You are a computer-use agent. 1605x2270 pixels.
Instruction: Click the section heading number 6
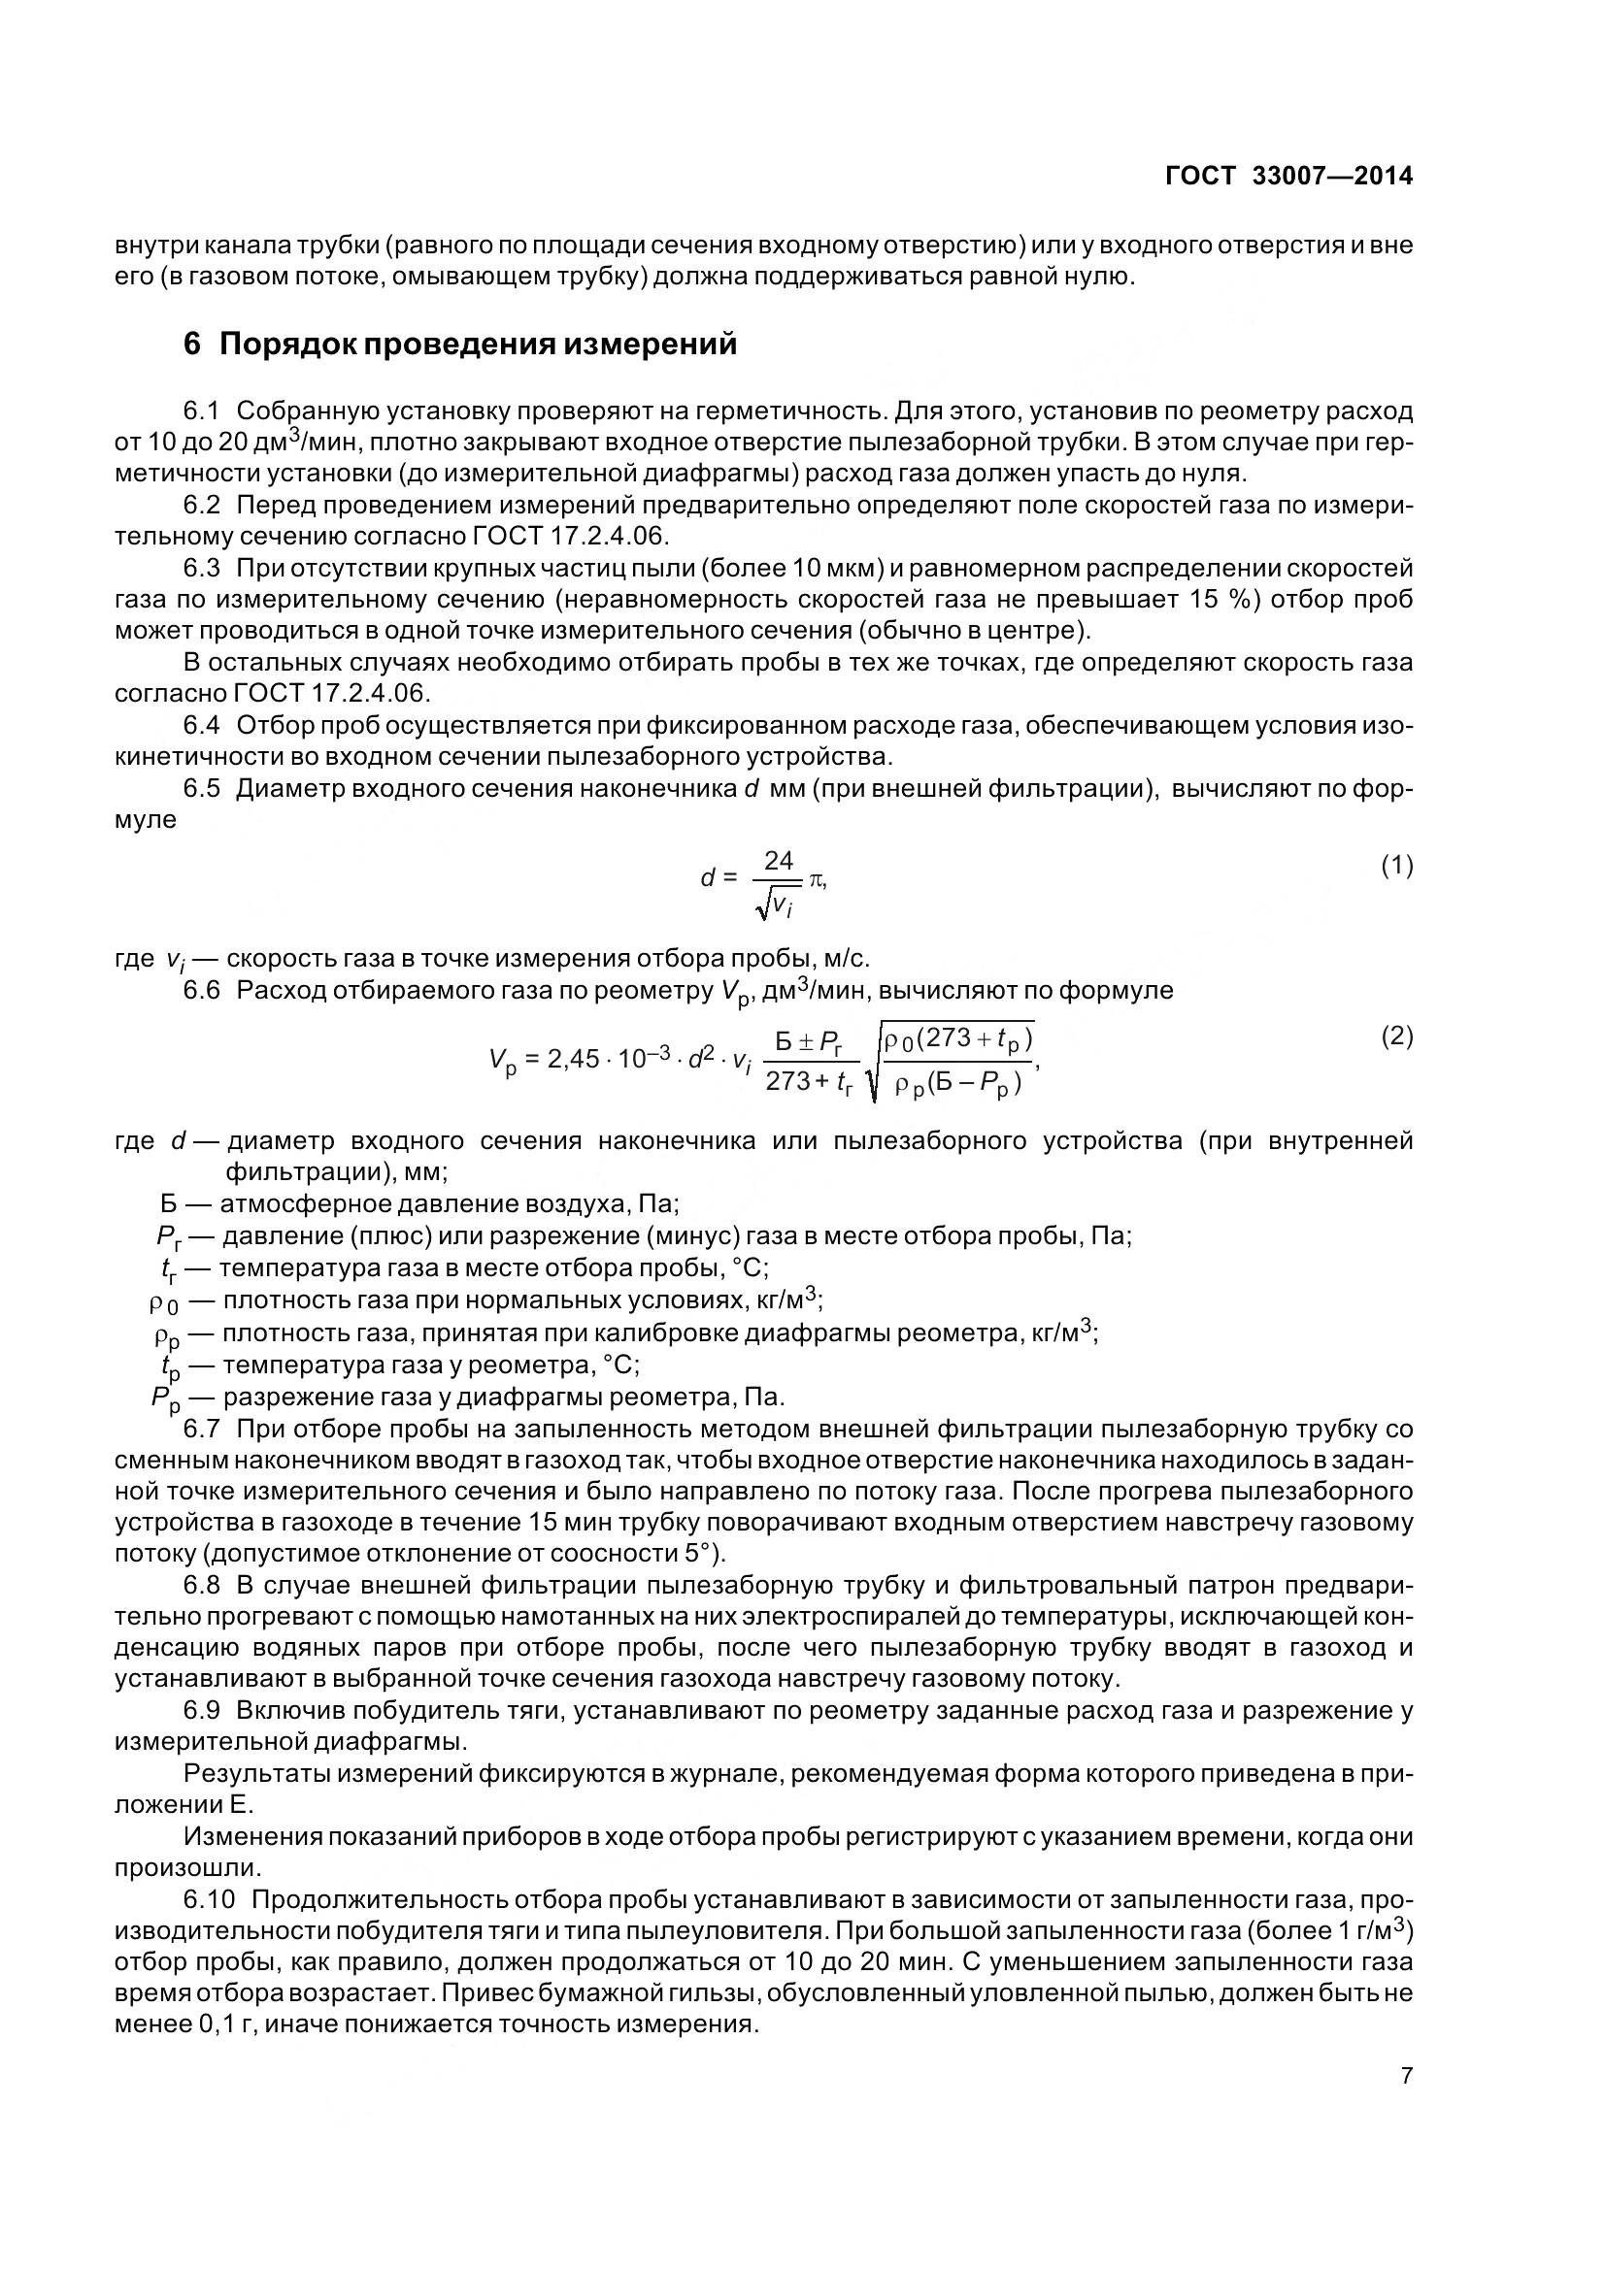pyautogui.click(x=194, y=345)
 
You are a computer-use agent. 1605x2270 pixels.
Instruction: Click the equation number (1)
pyautogui.click(x=1396, y=866)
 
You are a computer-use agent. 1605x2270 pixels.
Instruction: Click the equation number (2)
pyautogui.click(x=1396, y=1036)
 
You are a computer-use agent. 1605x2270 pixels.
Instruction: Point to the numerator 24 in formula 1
pyautogui.click(x=780, y=861)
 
